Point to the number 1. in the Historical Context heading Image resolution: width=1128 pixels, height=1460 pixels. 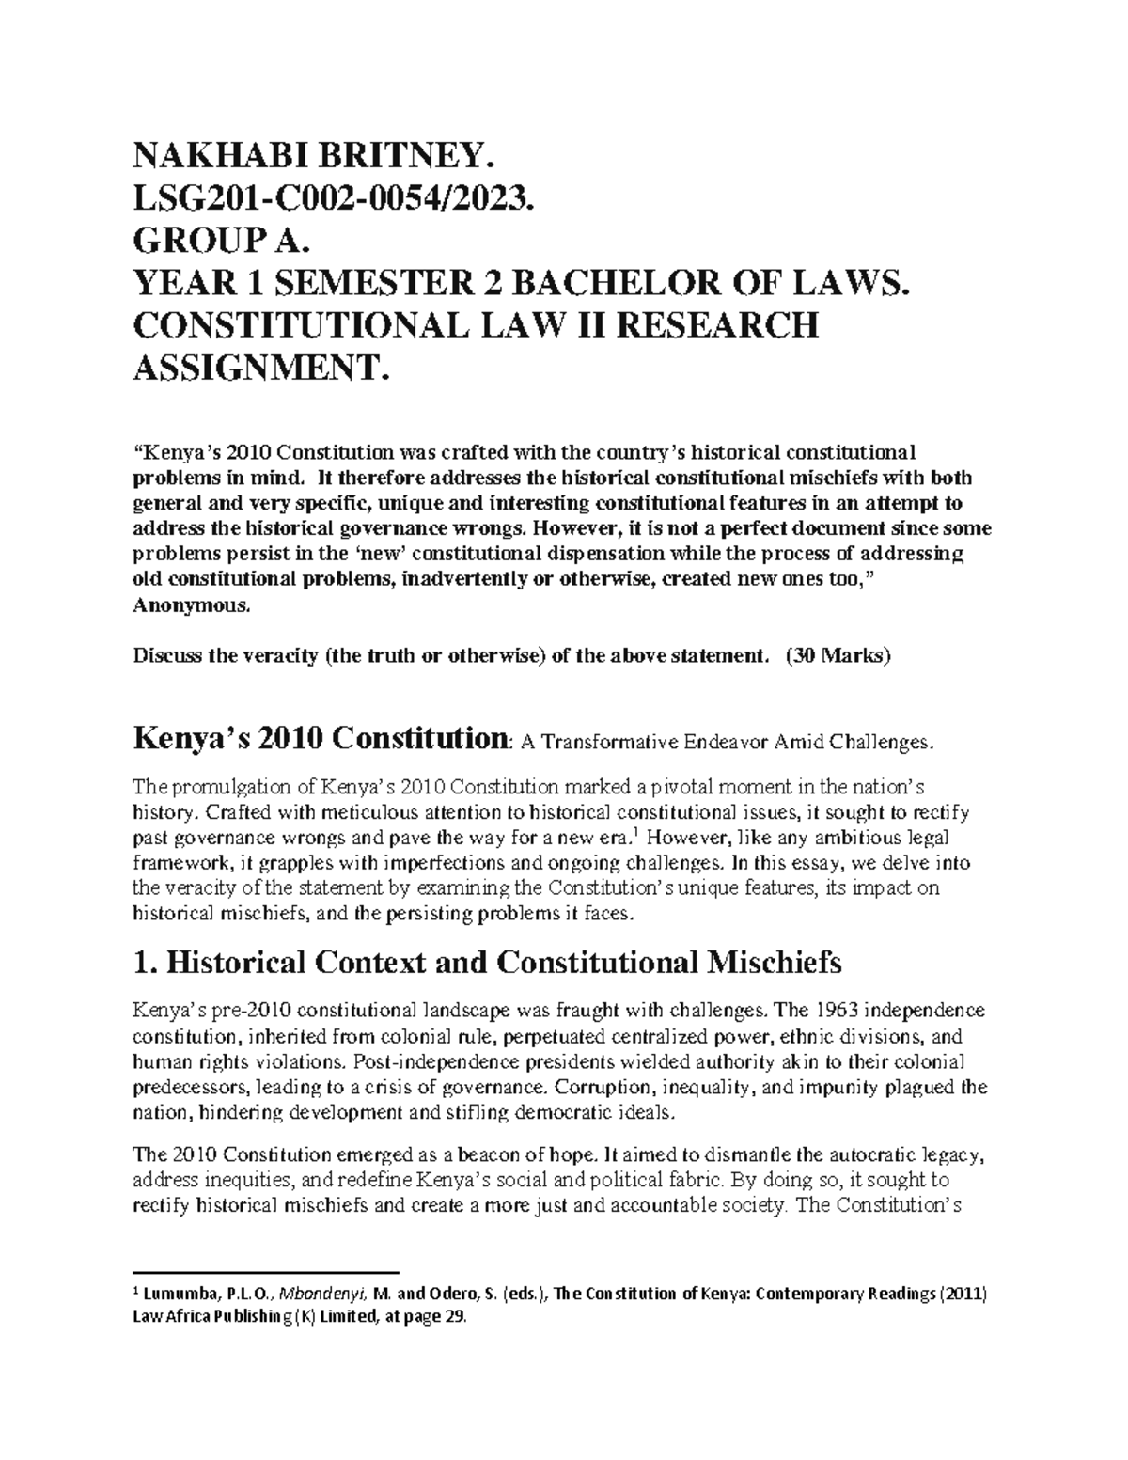click(x=146, y=964)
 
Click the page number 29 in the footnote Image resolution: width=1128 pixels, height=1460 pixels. click(x=452, y=1318)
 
